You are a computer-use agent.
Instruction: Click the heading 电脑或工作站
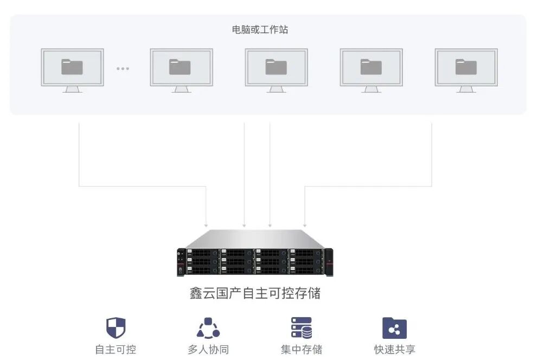coord(260,30)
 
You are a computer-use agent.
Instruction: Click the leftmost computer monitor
coord(72,67)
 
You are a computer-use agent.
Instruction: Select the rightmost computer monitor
coord(466,67)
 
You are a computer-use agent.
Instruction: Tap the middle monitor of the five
coord(276,67)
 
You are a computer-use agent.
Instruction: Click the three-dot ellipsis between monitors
coord(123,68)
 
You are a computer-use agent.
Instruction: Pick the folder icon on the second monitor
coord(180,67)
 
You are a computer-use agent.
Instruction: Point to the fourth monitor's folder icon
coord(371,67)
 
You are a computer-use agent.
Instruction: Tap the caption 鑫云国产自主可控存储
coord(255,293)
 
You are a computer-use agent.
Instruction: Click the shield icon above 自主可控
coord(116,328)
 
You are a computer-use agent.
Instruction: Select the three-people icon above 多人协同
coord(208,328)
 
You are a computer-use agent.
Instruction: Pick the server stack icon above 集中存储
coord(302,328)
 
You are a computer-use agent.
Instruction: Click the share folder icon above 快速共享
coord(394,328)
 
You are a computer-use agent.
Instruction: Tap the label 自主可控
coord(116,349)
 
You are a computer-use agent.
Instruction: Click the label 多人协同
coord(208,349)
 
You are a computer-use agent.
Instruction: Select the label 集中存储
coord(302,349)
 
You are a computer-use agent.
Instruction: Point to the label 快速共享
coord(395,349)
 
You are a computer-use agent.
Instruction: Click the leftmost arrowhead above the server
coord(206,224)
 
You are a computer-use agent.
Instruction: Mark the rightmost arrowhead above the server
coord(305,224)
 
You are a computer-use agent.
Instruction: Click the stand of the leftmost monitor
coord(72,89)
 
